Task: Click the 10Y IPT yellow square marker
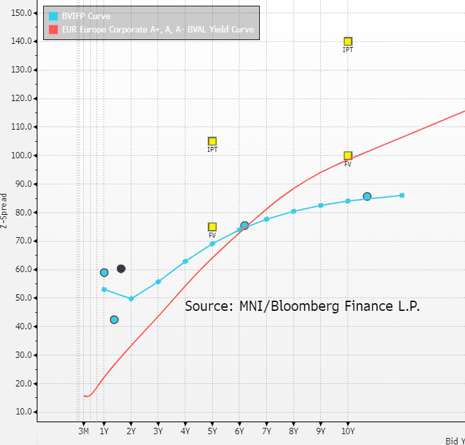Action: click(347, 42)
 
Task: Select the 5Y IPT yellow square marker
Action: click(212, 142)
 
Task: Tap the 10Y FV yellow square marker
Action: click(347, 156)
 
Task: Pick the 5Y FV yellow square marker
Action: click(212, 227)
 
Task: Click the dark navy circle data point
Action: click(121, 269)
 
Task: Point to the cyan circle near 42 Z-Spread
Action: click(114, 320)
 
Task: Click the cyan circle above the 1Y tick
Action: click(104, 273)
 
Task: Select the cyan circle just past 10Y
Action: click(367, 196)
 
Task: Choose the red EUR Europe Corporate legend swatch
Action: click(53, 29)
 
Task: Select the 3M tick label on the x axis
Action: click(83, 432)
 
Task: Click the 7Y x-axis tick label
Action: click(267, 432)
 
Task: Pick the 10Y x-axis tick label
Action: click(347, 432)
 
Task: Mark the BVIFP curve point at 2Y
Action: click(131, 299)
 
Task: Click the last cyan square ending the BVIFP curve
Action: click(402, 195)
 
